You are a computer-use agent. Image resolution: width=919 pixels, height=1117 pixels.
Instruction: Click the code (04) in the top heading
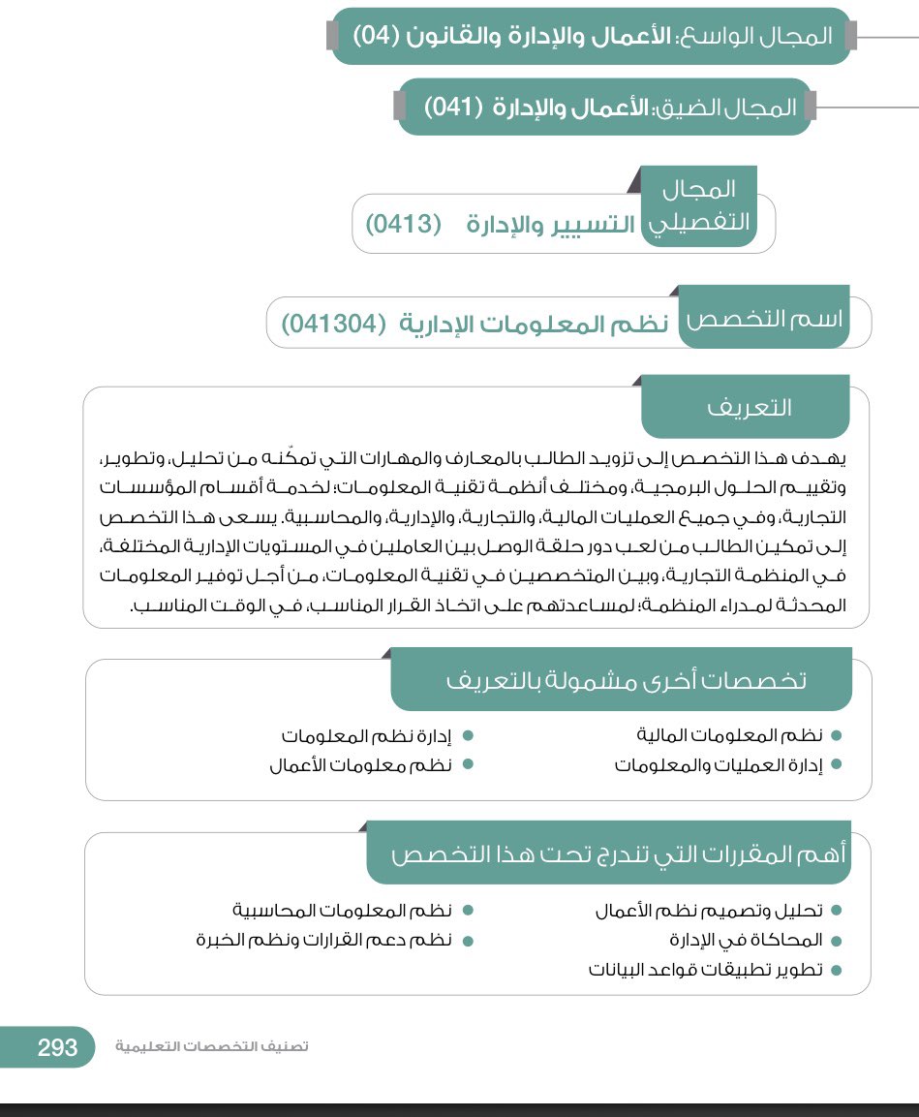coord(377,37)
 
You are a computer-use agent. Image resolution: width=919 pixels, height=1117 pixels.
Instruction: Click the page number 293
coord(57,1047)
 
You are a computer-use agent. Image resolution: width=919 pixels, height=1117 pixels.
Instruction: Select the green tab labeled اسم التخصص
coord(765,319)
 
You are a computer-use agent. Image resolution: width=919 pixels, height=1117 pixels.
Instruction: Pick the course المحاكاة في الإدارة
coord(746,940)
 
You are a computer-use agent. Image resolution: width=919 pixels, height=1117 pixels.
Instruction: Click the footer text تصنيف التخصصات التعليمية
coord(212,1047)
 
